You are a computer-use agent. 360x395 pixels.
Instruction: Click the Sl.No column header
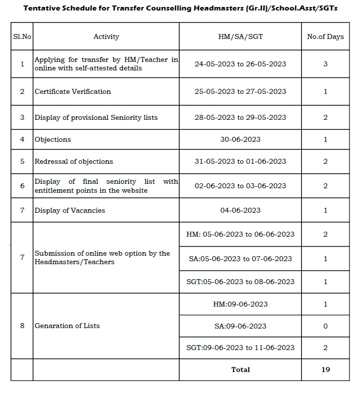(x=21, y=36)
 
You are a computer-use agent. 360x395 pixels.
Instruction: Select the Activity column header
(x=106, y=36)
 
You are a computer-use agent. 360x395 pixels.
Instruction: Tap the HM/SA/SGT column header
(x=240, y=36)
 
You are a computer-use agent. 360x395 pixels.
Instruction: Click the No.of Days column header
(x=325, y=36)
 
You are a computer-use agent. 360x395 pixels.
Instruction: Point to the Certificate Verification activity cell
(x=73, y=91)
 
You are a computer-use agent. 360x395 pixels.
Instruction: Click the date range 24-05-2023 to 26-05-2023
(x=240, y=64)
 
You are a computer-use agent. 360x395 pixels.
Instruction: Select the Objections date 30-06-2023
(x=240, y=139)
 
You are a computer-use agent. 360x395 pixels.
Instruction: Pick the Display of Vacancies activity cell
(x=70, y=210)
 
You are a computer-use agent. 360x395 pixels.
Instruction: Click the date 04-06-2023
(x=240, y=210)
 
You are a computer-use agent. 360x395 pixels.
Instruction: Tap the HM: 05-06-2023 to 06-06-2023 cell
(x=240, y=234)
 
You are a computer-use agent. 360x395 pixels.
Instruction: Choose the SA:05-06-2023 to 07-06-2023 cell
(x=240, y=259)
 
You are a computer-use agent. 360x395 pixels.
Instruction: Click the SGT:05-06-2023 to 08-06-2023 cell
(x=240, y=282)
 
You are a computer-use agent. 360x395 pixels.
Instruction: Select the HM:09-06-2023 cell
(x=240, y=304)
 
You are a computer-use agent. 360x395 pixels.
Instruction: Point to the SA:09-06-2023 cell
(x=240, y=326)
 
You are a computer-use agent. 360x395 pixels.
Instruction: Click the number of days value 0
(x=325, y=326)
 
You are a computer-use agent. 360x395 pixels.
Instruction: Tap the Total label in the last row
(x=240, y=370)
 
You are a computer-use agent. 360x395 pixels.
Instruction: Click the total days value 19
(x=325, y=370)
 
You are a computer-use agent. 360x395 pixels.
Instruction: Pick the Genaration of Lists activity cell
(x=67, y=326)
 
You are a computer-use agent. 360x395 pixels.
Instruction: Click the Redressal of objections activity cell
(x=74, y=161)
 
